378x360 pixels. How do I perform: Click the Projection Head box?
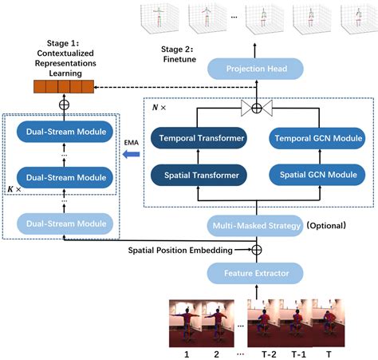256,69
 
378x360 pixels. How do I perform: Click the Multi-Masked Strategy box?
256,226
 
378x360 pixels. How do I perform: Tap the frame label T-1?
297,350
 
